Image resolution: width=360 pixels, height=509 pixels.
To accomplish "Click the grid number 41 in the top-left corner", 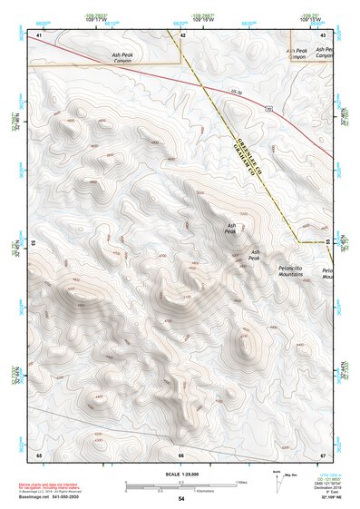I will coord(39,34).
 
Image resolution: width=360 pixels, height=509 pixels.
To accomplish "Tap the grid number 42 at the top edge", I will coord(183,34).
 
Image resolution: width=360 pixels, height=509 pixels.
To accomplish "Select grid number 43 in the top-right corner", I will coord(323,34).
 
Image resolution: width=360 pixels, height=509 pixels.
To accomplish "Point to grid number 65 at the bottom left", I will coord(39,453).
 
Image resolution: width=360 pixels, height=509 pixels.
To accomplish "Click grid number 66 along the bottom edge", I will coord(180,453).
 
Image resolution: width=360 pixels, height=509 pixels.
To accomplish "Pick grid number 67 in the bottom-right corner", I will coord(323,453).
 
